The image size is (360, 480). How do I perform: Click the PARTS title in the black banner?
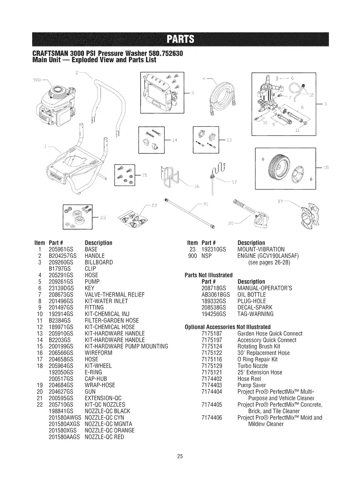[180, 39]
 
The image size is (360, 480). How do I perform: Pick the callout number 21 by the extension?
[205, 204]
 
